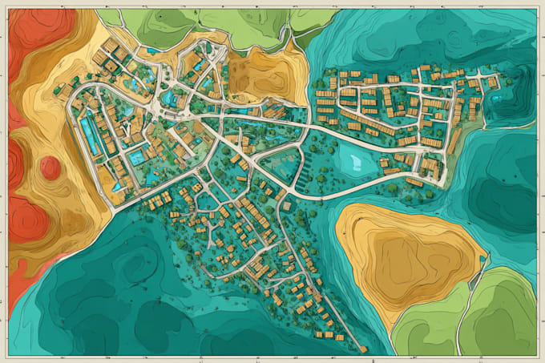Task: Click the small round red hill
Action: click(50, 167)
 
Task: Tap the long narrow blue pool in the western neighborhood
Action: click(91, 135)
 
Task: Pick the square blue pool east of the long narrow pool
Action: click(137, 157)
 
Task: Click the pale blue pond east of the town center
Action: click(353, 159)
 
